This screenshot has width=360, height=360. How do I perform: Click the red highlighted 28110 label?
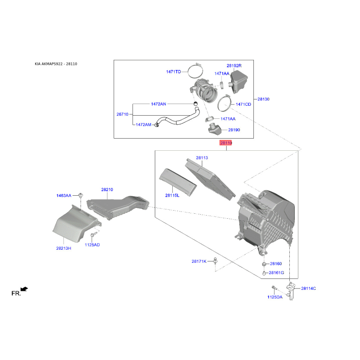coord(226,143)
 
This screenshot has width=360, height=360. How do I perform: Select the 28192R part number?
coord(234,66)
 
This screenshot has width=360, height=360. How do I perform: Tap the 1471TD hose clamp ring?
coord(195,71)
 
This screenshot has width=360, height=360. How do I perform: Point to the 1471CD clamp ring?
coord(224,103)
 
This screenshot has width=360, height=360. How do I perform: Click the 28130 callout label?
coord(263,99)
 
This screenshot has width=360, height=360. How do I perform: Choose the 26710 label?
coord(122,114)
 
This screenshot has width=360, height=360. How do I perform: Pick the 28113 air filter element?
coord(210,180)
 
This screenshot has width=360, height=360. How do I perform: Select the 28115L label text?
coord(172,195)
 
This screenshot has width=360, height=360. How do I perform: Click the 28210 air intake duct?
coord(117,207)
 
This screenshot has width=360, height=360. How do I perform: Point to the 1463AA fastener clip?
coord(81,196)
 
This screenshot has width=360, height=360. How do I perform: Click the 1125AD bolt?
coord(94,234)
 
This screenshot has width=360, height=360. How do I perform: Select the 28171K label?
coord(199,261)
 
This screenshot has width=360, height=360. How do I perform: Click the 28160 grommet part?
coord(264,264)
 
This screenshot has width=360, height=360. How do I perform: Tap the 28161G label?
coord(276,273)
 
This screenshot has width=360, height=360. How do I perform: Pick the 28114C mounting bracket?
coord(290,291)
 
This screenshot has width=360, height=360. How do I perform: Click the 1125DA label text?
coord(275,297)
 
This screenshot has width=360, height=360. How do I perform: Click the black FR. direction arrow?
coord(24,289)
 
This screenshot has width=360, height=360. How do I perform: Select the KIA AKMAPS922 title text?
coord(49,64)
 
